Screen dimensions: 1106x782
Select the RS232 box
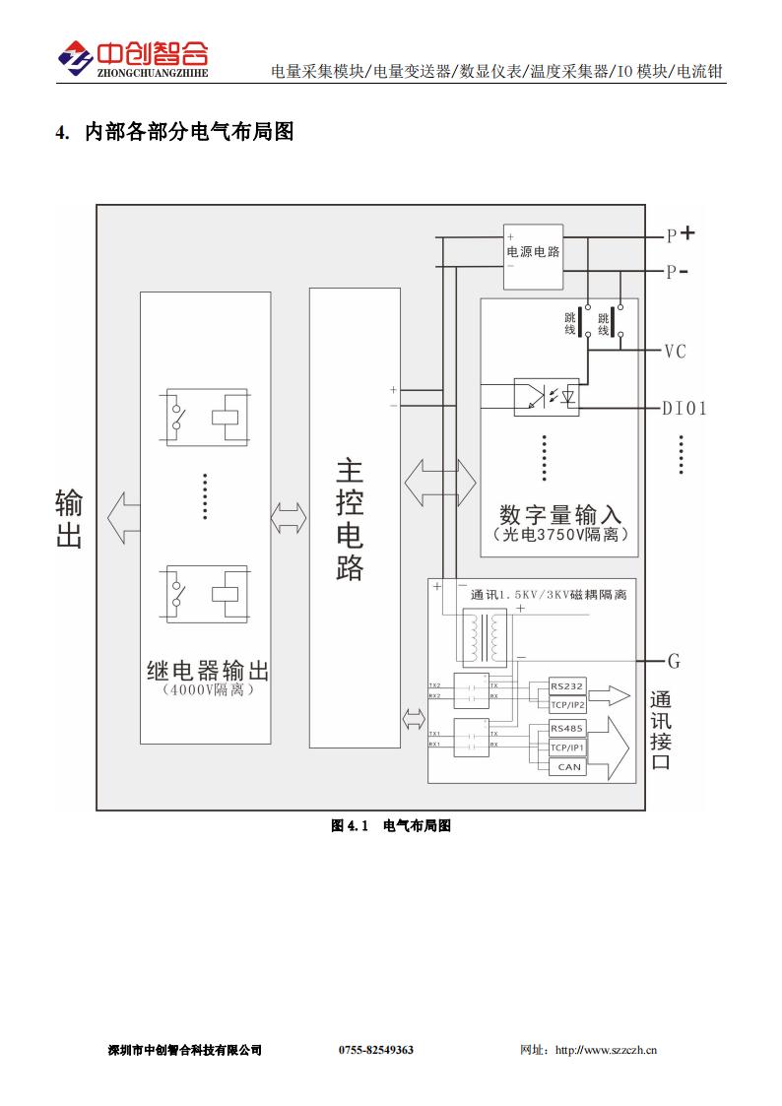tap(567, 686)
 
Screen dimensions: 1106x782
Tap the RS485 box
tap(567, 729)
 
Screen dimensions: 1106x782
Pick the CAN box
tap(569, 766)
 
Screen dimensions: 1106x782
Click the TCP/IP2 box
tap(567, 704)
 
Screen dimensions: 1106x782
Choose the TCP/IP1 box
tap(567, 747)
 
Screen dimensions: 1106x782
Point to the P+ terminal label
tap(680, 234)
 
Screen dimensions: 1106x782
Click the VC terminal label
tap(675, 352)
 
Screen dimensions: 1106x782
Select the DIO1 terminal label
tap(684, 408)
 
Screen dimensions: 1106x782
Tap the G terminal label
tap(674, 660)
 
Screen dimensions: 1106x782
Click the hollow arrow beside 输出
tap(123, 518)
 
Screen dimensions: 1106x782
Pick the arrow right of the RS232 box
tap(611, 695)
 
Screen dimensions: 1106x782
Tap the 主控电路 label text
tap(350, 518)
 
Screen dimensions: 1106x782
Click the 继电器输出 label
tap(207, 672)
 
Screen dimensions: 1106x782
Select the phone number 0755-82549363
tap(376, 1050)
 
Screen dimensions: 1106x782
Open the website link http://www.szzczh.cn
tap(606, 1050)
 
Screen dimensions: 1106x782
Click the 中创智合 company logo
tap(132, 59)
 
